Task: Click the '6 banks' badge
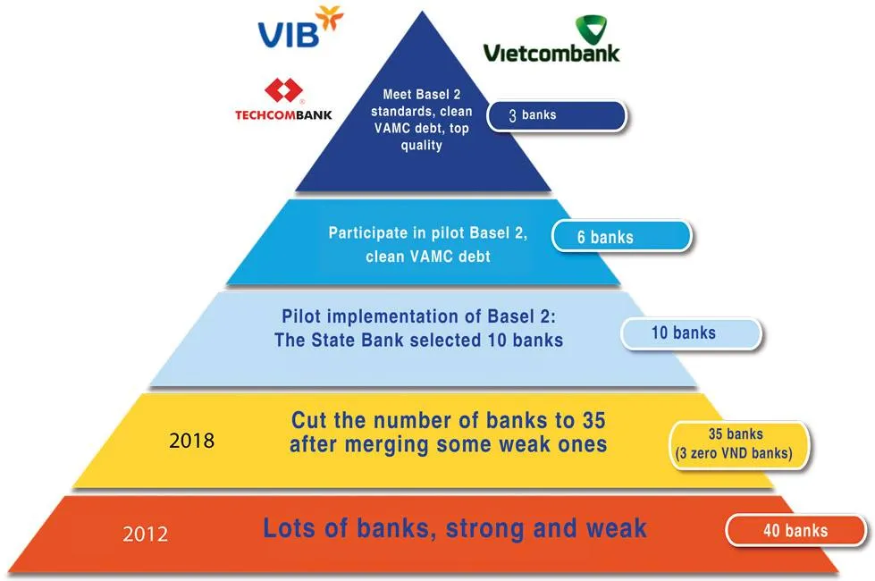click(621, 237)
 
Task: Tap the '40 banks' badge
click(795, 530)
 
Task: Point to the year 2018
click(191, 441)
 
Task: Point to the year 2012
click(145, 535)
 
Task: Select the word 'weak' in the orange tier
click(616, 527)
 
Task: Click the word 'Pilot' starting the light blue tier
click(302, 317)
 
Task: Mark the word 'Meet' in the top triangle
click(399, 94)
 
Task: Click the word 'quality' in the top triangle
click(421, 145)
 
